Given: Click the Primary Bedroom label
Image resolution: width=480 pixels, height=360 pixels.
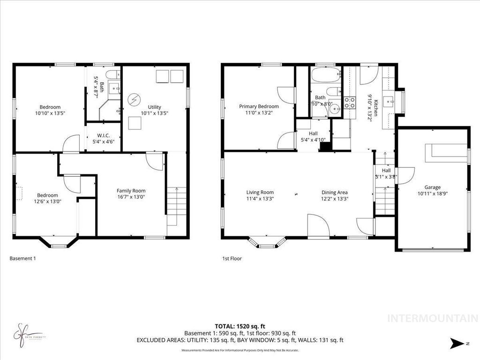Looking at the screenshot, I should (259, 106).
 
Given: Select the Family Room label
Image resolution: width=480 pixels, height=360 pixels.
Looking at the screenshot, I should (131, 191).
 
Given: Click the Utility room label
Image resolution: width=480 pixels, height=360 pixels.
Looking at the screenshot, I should (154, 107).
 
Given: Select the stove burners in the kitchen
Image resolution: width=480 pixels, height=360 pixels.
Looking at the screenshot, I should (350, 103).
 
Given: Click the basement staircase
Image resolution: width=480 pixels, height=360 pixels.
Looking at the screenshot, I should (176, 206).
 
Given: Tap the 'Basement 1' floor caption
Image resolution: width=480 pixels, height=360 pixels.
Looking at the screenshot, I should (22, 258).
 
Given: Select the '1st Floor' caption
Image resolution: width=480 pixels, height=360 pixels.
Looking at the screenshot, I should (232, 258).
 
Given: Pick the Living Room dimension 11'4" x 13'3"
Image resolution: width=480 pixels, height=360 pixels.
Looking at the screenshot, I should (260, 198).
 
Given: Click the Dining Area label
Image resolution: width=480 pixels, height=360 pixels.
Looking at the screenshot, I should (334, 192).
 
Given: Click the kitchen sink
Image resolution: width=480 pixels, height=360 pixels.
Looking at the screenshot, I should (389, 100).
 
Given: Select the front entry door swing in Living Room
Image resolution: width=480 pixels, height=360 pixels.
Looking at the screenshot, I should (317, 224).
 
